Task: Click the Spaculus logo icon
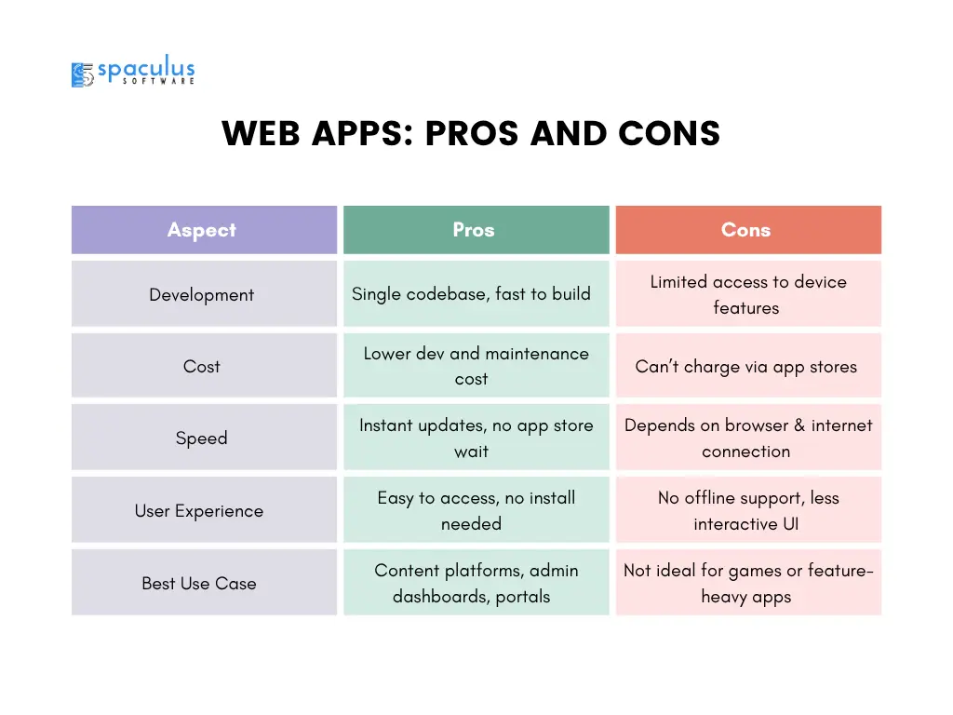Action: (x=83, y=74)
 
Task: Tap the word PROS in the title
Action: (x=472, y=133)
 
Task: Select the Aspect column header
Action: (x=204, y=230)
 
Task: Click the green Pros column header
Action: (x=476, y=230)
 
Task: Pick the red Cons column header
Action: (x=748, y=230)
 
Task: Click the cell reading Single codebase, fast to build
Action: (x=476, y=293)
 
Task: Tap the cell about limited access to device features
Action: (x=748, y=293)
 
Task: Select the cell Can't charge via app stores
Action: (x=748, y=365)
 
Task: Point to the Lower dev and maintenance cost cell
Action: (x=476, y=365)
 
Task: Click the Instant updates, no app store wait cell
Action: (x=476, y=438)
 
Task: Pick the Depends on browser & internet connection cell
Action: (x=748, y=438)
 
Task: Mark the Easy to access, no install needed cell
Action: (x=476, y=509)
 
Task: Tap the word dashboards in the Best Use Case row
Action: (x=441, y=597)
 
